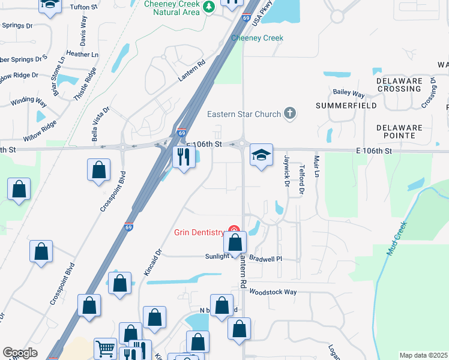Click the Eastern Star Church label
point(244,114)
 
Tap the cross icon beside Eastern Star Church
point(290,113)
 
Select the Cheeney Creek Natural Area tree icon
point(209,7)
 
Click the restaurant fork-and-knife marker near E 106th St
point(182,157)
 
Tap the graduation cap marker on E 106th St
point(261,156)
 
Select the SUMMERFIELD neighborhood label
point(347,106)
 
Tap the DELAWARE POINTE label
point(399,131)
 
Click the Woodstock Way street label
point(273,292)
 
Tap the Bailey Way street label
point(349,94)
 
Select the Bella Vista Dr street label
point(101,124)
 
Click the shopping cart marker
point(106,349)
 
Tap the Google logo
point(20,353)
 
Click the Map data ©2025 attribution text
point(423,355)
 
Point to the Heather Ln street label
point(82,54)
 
